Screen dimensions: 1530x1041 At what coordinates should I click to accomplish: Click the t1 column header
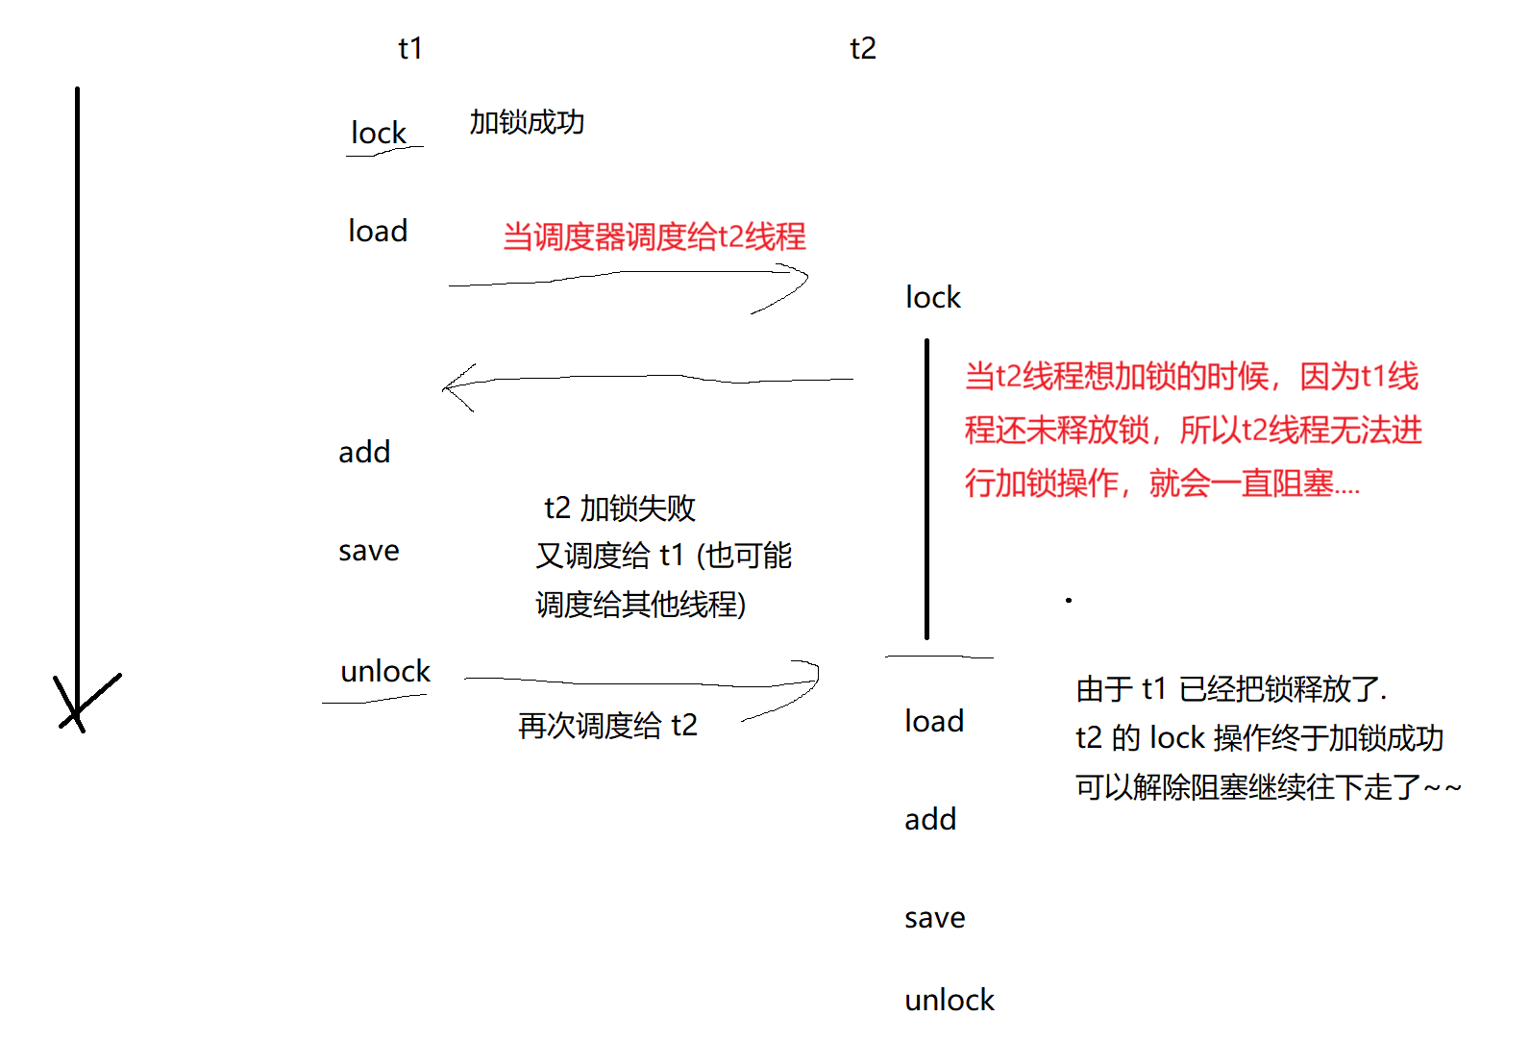coord(410,48)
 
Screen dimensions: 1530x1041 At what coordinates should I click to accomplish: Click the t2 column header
coord(863,48)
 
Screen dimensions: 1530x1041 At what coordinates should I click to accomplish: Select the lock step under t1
coord(379,133)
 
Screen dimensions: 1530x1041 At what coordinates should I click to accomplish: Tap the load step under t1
coord(378,231)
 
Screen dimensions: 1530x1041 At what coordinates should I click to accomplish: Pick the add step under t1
coord(364,452)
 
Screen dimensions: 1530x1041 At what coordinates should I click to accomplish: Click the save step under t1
coord(369,551)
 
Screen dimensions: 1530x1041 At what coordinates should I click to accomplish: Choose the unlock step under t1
coord(385,671)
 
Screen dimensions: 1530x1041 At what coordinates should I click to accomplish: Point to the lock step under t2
coord(933,297)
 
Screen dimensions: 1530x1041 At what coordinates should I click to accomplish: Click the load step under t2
coord(934,721)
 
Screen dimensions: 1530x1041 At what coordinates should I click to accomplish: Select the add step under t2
coord(930,819)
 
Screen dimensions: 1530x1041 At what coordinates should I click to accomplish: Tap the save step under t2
coord(935,918)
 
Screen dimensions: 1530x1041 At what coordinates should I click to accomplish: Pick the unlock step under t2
coord(950,1000)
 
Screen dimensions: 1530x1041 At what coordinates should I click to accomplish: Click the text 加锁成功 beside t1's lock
coord(527,122)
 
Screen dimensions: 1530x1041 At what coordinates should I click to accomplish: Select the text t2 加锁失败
coord(620,508)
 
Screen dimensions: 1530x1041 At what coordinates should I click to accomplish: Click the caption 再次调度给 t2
coord(607,725)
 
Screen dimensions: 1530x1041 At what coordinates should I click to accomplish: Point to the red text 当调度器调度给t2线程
coord(654,236)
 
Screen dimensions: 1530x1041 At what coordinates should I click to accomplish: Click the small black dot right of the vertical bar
coord(1069,600)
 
